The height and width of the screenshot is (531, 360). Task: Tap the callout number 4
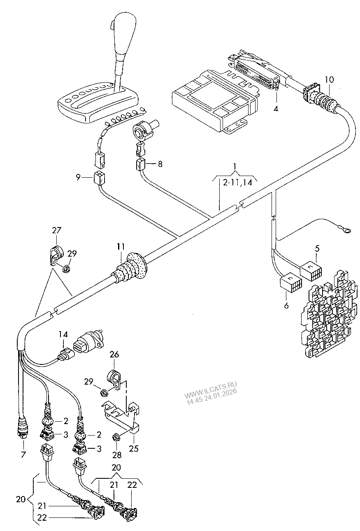(x=276, y=109)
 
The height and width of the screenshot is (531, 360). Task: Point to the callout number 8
(x=160, y=164)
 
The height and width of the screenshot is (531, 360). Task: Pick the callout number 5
(x=317, y=248)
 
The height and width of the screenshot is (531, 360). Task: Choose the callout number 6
(x=286, y=305)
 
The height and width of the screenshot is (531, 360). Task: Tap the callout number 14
(x=62, y=334)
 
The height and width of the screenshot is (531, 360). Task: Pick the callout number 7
(x=23, y=454)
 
